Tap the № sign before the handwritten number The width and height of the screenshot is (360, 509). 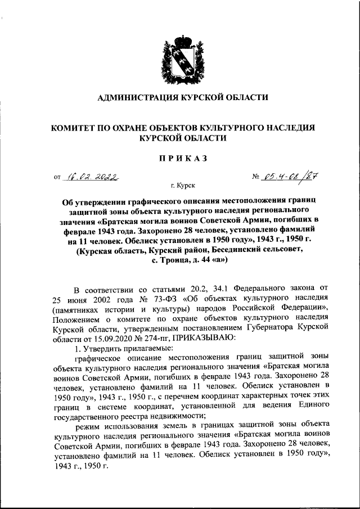[x=258, y=178]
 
